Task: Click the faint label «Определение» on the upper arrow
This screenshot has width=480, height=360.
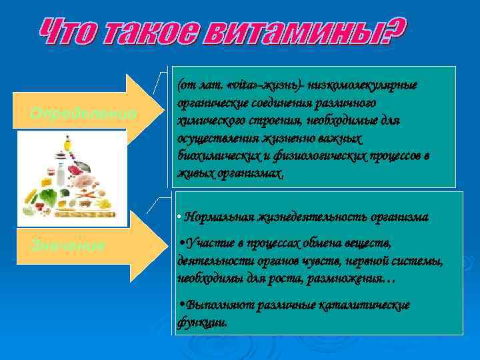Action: coord(83,114)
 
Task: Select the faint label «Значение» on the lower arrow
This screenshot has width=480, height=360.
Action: coord(67,245)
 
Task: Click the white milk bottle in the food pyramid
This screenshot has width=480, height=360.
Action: coord(60,175)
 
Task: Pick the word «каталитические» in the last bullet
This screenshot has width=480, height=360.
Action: coord(369,305)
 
